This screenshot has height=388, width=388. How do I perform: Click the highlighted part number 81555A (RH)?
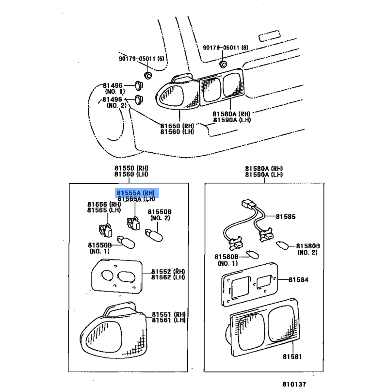click(x=136, y=193)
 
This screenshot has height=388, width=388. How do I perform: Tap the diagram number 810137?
click(x=294, y=384)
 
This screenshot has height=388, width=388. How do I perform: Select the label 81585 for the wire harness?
click(x=286, y=216)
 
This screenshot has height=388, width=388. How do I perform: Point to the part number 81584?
click(x=298, y=280)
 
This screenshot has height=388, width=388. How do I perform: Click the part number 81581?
click(x=292, y=356)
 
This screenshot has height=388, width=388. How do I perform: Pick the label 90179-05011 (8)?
click(x=226, y=48)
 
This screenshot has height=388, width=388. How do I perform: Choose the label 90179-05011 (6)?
click(x=142, y=59)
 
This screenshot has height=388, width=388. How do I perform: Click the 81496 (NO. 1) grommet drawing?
click(x=139, y=86)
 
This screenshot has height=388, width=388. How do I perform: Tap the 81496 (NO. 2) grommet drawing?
click(x=139, y=99)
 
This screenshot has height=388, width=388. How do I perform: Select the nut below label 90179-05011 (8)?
click(x=223, y=65)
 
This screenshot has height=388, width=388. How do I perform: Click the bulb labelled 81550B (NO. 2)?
click(x=154, y=235)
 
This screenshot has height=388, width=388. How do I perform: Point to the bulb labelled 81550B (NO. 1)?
click(x=126, y=242)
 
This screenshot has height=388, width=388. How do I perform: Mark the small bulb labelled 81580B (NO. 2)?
click(x=282, y=245)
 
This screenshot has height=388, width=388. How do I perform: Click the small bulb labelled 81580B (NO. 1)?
click(x=252, y=254)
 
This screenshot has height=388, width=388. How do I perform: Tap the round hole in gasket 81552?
click(x=107, y=275)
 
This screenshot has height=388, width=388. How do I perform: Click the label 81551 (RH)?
click(x=169, y=314)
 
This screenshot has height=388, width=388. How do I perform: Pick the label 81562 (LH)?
click(x=168, y=277)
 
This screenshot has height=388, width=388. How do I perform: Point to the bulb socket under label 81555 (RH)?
click(x=105, y=230)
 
